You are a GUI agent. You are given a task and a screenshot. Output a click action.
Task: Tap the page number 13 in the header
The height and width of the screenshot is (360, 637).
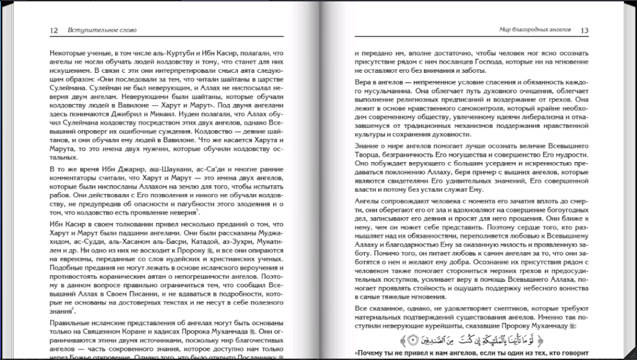[585, 30]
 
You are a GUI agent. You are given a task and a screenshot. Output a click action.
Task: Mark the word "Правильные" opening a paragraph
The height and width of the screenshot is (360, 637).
[71, 322]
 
